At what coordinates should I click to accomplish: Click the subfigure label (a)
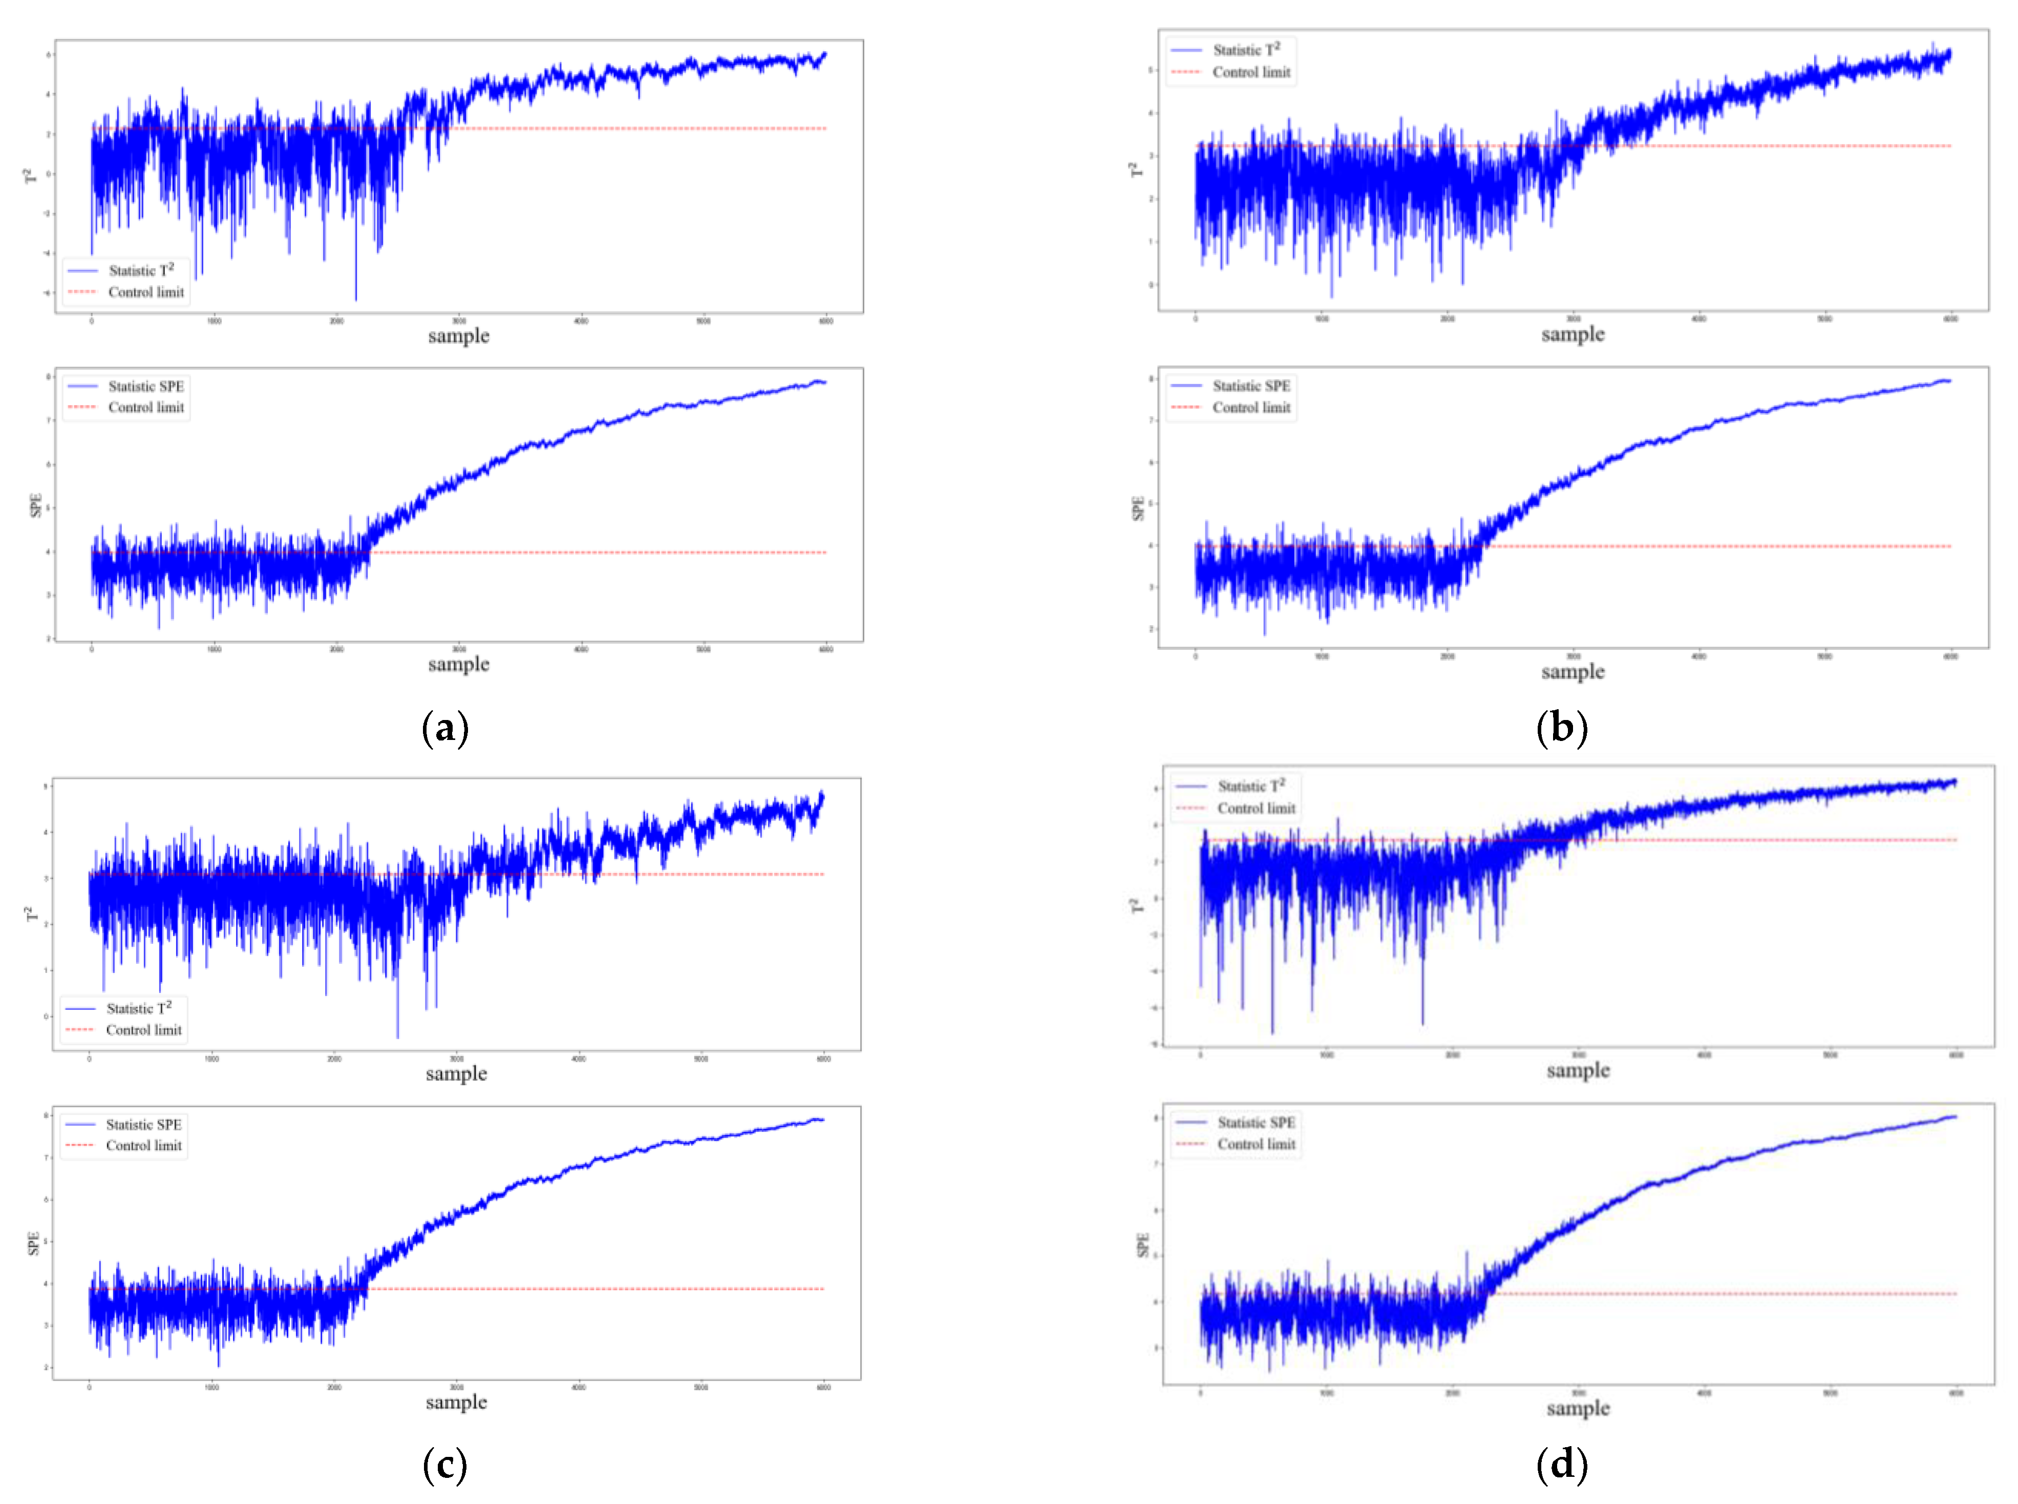click(445, 729)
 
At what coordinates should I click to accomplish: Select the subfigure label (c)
click(445, 1465)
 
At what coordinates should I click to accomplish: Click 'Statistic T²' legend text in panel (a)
click(141, 270)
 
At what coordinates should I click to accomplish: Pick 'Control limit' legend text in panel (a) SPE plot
click(145, 408)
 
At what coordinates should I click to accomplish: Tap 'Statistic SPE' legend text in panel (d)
click(1256, 1122)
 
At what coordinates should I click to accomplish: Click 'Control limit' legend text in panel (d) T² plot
click(1256, 809)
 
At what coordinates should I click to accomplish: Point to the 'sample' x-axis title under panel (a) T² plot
click(459, 336)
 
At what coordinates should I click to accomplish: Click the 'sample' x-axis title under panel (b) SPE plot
click(1573, 672)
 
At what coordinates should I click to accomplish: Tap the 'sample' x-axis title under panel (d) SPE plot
click(1578, 1408)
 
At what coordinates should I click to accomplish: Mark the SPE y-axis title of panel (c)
click(34, 1244)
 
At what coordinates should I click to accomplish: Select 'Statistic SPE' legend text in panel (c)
click(143, 1125)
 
